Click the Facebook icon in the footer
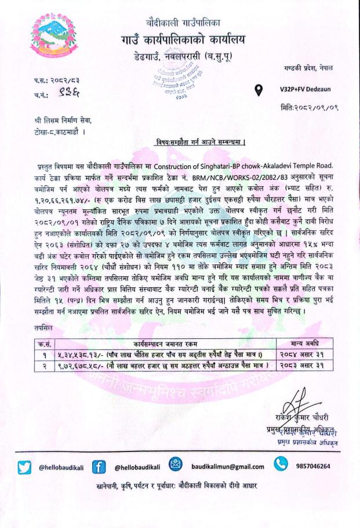[98, 466]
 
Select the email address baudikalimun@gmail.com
[227, 466]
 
